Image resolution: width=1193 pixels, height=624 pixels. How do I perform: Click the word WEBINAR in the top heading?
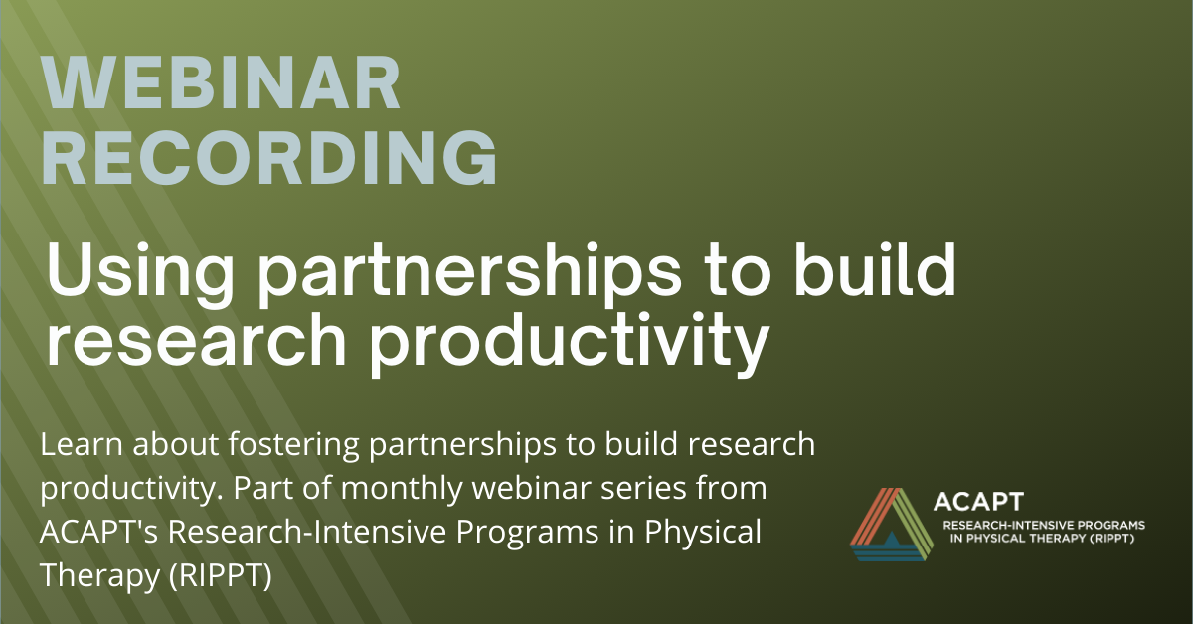(x=221, y=83)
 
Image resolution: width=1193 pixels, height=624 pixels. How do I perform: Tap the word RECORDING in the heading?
(x=269, y=158)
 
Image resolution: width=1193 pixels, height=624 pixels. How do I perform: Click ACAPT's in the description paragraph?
(x=99, y=532)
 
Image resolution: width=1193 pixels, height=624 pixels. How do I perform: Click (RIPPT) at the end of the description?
(x=221, y=576)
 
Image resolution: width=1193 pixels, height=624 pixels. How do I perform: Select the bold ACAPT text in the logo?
(x=978, y=502)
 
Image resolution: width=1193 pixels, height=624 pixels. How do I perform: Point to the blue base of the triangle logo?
(x=889, y=551)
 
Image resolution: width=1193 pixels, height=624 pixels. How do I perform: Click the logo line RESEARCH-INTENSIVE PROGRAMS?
(x=1044, y=526)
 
